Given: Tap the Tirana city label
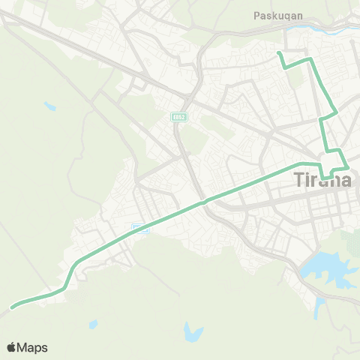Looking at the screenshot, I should (320, 180).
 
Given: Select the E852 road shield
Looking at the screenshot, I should (178, 117).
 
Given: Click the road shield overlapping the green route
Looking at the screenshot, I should (140, 227).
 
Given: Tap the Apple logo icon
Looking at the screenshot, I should (12, 347).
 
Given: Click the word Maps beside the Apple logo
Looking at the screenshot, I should (33, 348).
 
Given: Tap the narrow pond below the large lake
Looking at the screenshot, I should (320, 305).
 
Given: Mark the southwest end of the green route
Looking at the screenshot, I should (12, 307).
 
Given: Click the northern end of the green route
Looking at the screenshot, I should (278, 53).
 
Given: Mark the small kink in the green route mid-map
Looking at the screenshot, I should (202, 202).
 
